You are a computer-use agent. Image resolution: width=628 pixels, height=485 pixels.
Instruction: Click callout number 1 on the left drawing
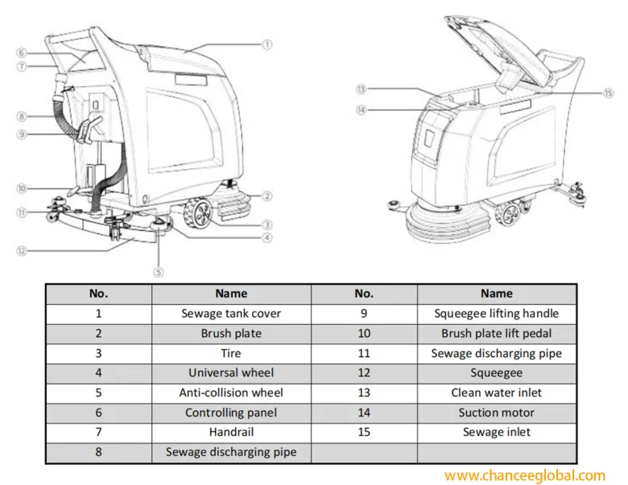pyautogui.click(x=267, y=45)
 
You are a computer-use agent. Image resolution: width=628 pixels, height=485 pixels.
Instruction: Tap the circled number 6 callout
pyautogui.click(x=22, y=53)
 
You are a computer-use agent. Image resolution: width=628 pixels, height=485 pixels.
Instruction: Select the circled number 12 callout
pyautogui.click(x=22, y=251)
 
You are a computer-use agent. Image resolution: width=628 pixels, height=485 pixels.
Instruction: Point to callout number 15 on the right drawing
pyautogui.click(x=609, y=92)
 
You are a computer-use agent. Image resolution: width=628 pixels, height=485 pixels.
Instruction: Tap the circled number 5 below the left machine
pyautogui.click(x=159, y=272)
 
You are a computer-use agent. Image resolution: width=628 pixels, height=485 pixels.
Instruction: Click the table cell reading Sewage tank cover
pyautogui.click(x=231, y=314)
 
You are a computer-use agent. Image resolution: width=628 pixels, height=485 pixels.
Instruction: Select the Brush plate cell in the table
pyautogui.click(x=231, y=333)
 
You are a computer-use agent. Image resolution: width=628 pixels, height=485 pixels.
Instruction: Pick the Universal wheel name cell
pyautogui.click(x=231, y=372)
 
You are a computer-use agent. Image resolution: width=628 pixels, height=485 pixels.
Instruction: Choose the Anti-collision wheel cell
pyautogui.click(x=231, y=393)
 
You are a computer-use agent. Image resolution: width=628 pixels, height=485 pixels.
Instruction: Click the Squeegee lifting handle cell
pyautogui.click(x=496, y=314)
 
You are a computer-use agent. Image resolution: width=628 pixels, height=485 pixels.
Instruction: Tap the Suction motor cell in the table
pyautogui.click(x=496, y=413)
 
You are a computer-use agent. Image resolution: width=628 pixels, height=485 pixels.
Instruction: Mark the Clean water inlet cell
pyautogui.click(x=496, y=393)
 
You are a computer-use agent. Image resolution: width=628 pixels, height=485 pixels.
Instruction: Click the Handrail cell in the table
pyautogui.click(x=231, y=432)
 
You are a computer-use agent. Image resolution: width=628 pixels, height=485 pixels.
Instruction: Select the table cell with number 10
pyautogui.click(x=364, y=333)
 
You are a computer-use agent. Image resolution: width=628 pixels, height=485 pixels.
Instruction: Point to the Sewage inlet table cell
pyautogui.click(x=496, y=432)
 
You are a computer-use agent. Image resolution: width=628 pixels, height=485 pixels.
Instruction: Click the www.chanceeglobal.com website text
pyautogui.click(x=524, y=475)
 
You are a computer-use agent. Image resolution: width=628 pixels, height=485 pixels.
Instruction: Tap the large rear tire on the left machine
pyautogui.click(x=196, y=214)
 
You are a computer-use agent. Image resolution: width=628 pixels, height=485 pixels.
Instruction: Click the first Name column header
pyautogui.click(x=231, y=294)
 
